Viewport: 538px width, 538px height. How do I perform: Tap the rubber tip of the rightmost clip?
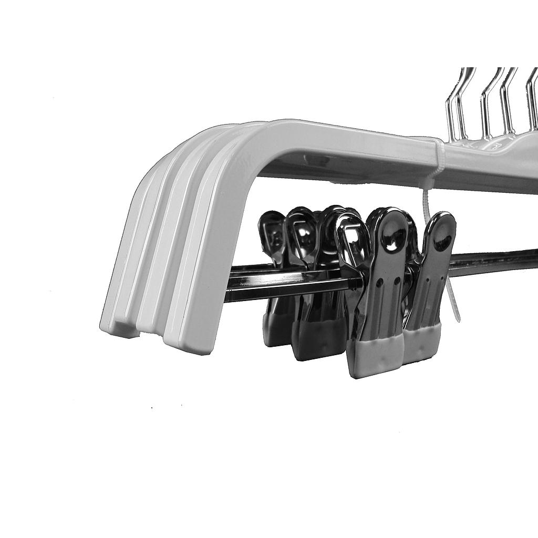tap(422, 345)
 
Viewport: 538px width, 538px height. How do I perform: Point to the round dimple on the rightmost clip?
tap(443, 242)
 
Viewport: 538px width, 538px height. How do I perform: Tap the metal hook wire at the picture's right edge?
tap(532, 100)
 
